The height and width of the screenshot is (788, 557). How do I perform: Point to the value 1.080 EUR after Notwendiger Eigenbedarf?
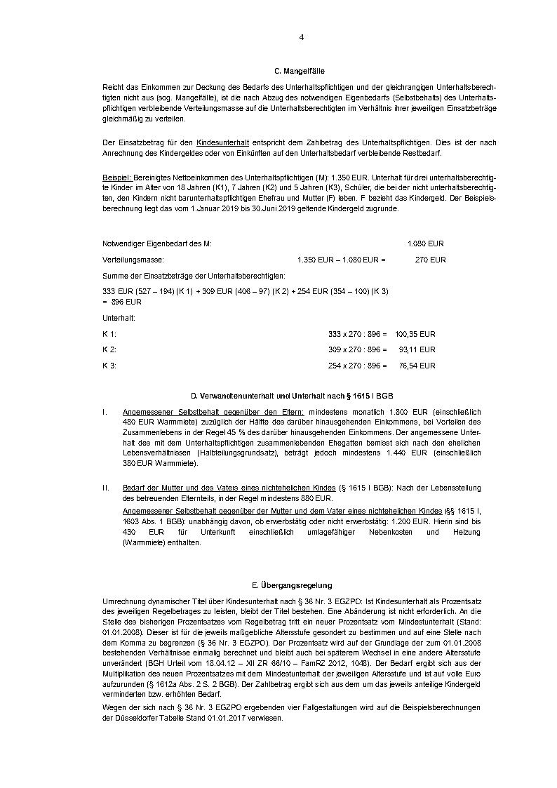pyautogui.click(x=425, y=243)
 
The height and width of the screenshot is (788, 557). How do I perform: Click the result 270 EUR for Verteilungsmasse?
pyautogui.click(x=430, y=260)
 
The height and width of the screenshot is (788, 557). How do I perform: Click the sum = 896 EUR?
pyautogui.click(x=122, y=302)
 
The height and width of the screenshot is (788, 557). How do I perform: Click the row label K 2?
pyautogui.click(x=109, y=349)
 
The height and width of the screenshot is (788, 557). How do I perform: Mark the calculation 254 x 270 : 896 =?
pyautogui.click(x=357, y=366)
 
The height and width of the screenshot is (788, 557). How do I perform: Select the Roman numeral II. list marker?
pyautogui.click(x=107, y=487)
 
